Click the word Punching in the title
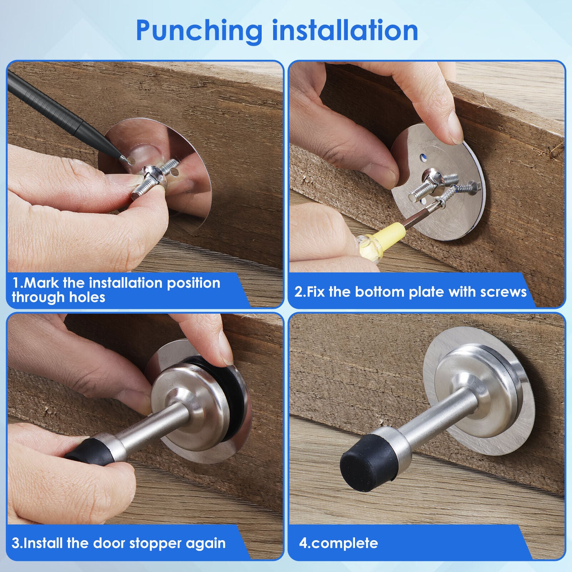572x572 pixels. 199,31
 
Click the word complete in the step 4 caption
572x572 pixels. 344,544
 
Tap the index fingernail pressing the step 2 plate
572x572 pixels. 453,122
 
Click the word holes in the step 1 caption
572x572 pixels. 87,297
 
